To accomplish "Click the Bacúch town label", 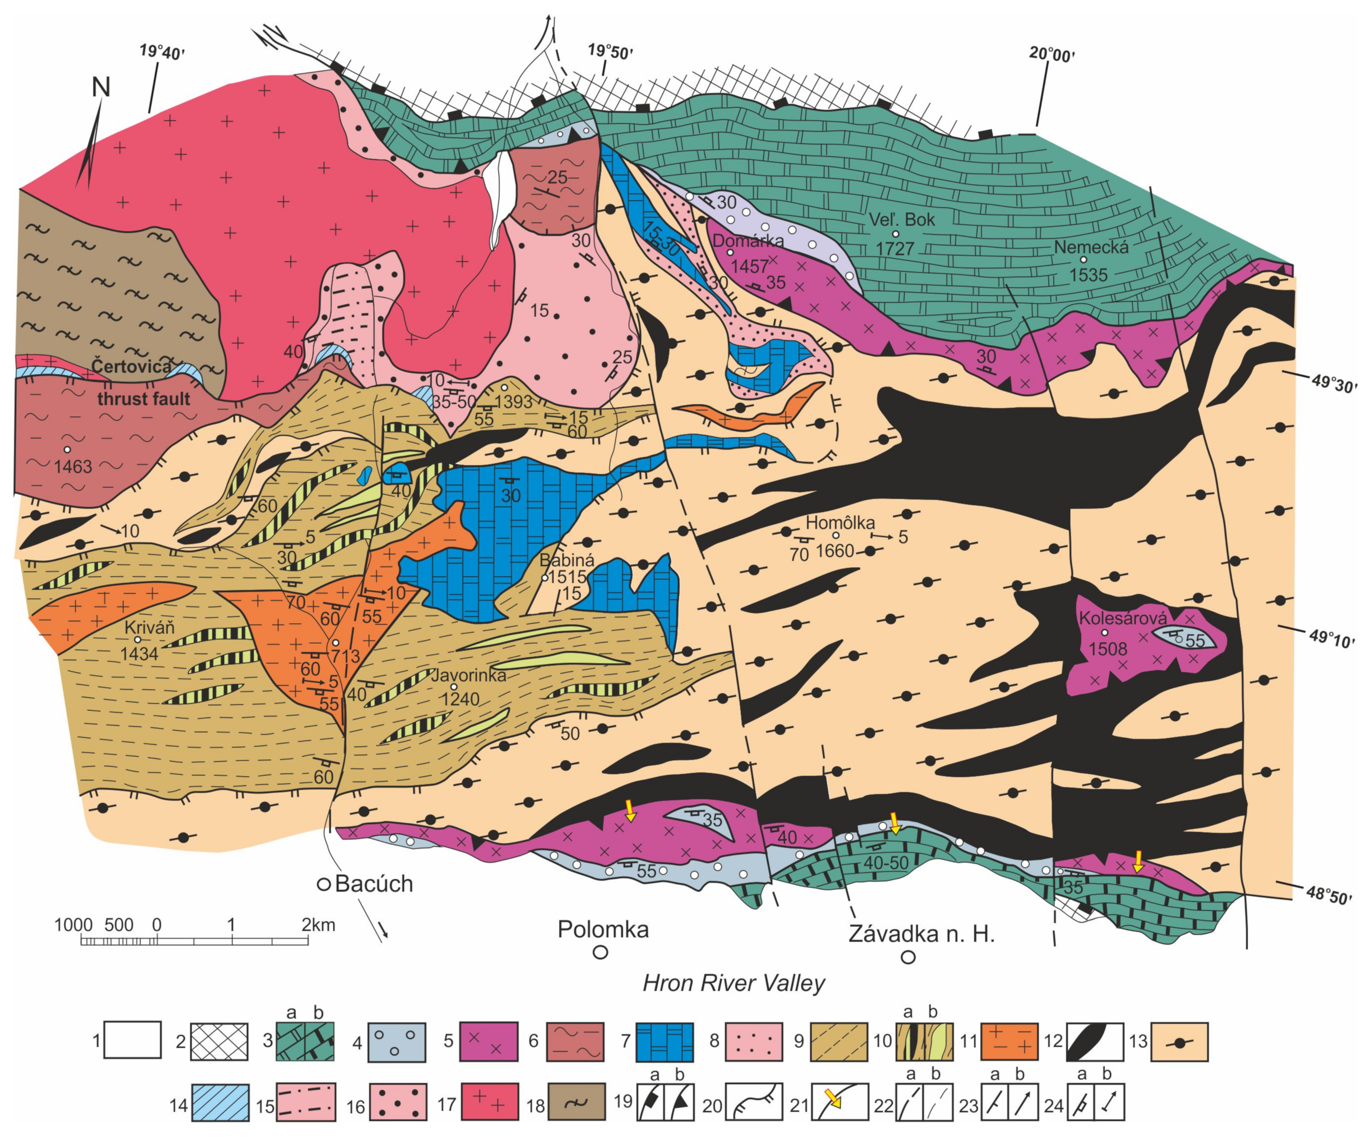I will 373,884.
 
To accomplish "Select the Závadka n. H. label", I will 921,933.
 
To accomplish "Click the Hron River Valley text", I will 733,983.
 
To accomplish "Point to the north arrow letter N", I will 101,87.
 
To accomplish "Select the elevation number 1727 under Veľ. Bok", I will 894,248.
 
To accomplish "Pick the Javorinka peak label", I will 468,675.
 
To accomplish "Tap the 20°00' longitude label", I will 1051,55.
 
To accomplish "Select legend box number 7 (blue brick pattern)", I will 664,1041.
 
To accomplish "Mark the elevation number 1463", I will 73,467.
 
